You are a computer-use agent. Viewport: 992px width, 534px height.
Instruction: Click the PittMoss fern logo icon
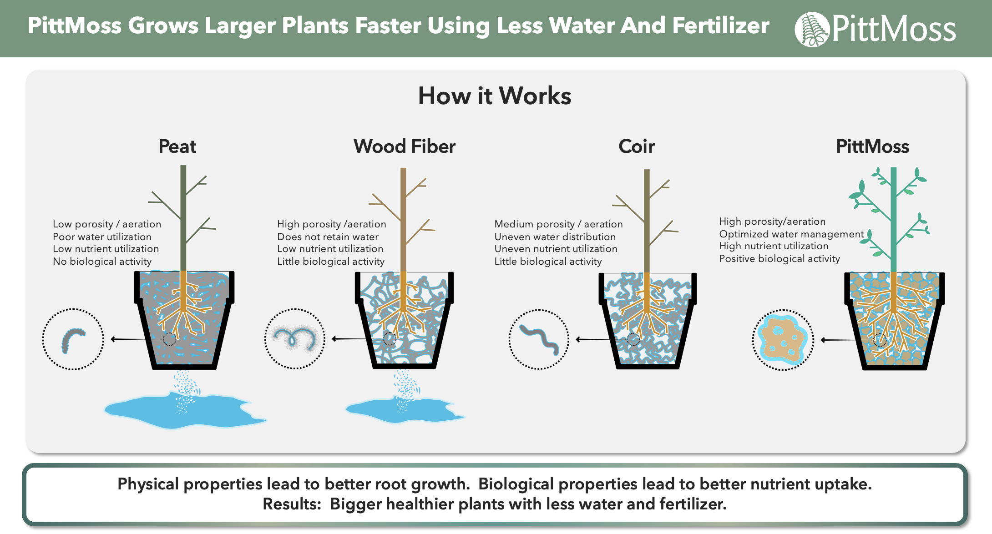tap(811, 29)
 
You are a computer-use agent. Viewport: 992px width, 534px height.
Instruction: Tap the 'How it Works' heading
tap(495, 96)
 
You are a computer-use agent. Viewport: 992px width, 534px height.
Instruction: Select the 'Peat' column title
tap(177, 146)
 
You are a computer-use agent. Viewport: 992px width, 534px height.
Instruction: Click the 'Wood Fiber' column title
tap(405, 146)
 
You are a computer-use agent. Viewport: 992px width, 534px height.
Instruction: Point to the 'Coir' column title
tap(637, 146)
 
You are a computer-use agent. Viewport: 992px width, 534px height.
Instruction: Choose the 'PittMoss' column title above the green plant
tap(872, 146)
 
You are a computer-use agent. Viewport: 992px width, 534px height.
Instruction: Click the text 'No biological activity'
tap(102, 262)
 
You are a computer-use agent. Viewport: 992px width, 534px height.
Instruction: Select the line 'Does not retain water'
tap(328, 237)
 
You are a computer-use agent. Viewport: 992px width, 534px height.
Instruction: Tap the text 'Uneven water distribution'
tap(555, 237)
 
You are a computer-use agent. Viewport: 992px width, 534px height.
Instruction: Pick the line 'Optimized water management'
tap(791, 234)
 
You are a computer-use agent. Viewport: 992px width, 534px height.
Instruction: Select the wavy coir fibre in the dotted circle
tap(539, 339)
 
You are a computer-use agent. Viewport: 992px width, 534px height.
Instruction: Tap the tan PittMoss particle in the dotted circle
tap(783, 339)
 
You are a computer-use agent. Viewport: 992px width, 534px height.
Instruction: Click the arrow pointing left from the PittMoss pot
tap(841, 340)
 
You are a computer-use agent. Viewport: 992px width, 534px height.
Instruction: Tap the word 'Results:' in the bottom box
tap(292, 504)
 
